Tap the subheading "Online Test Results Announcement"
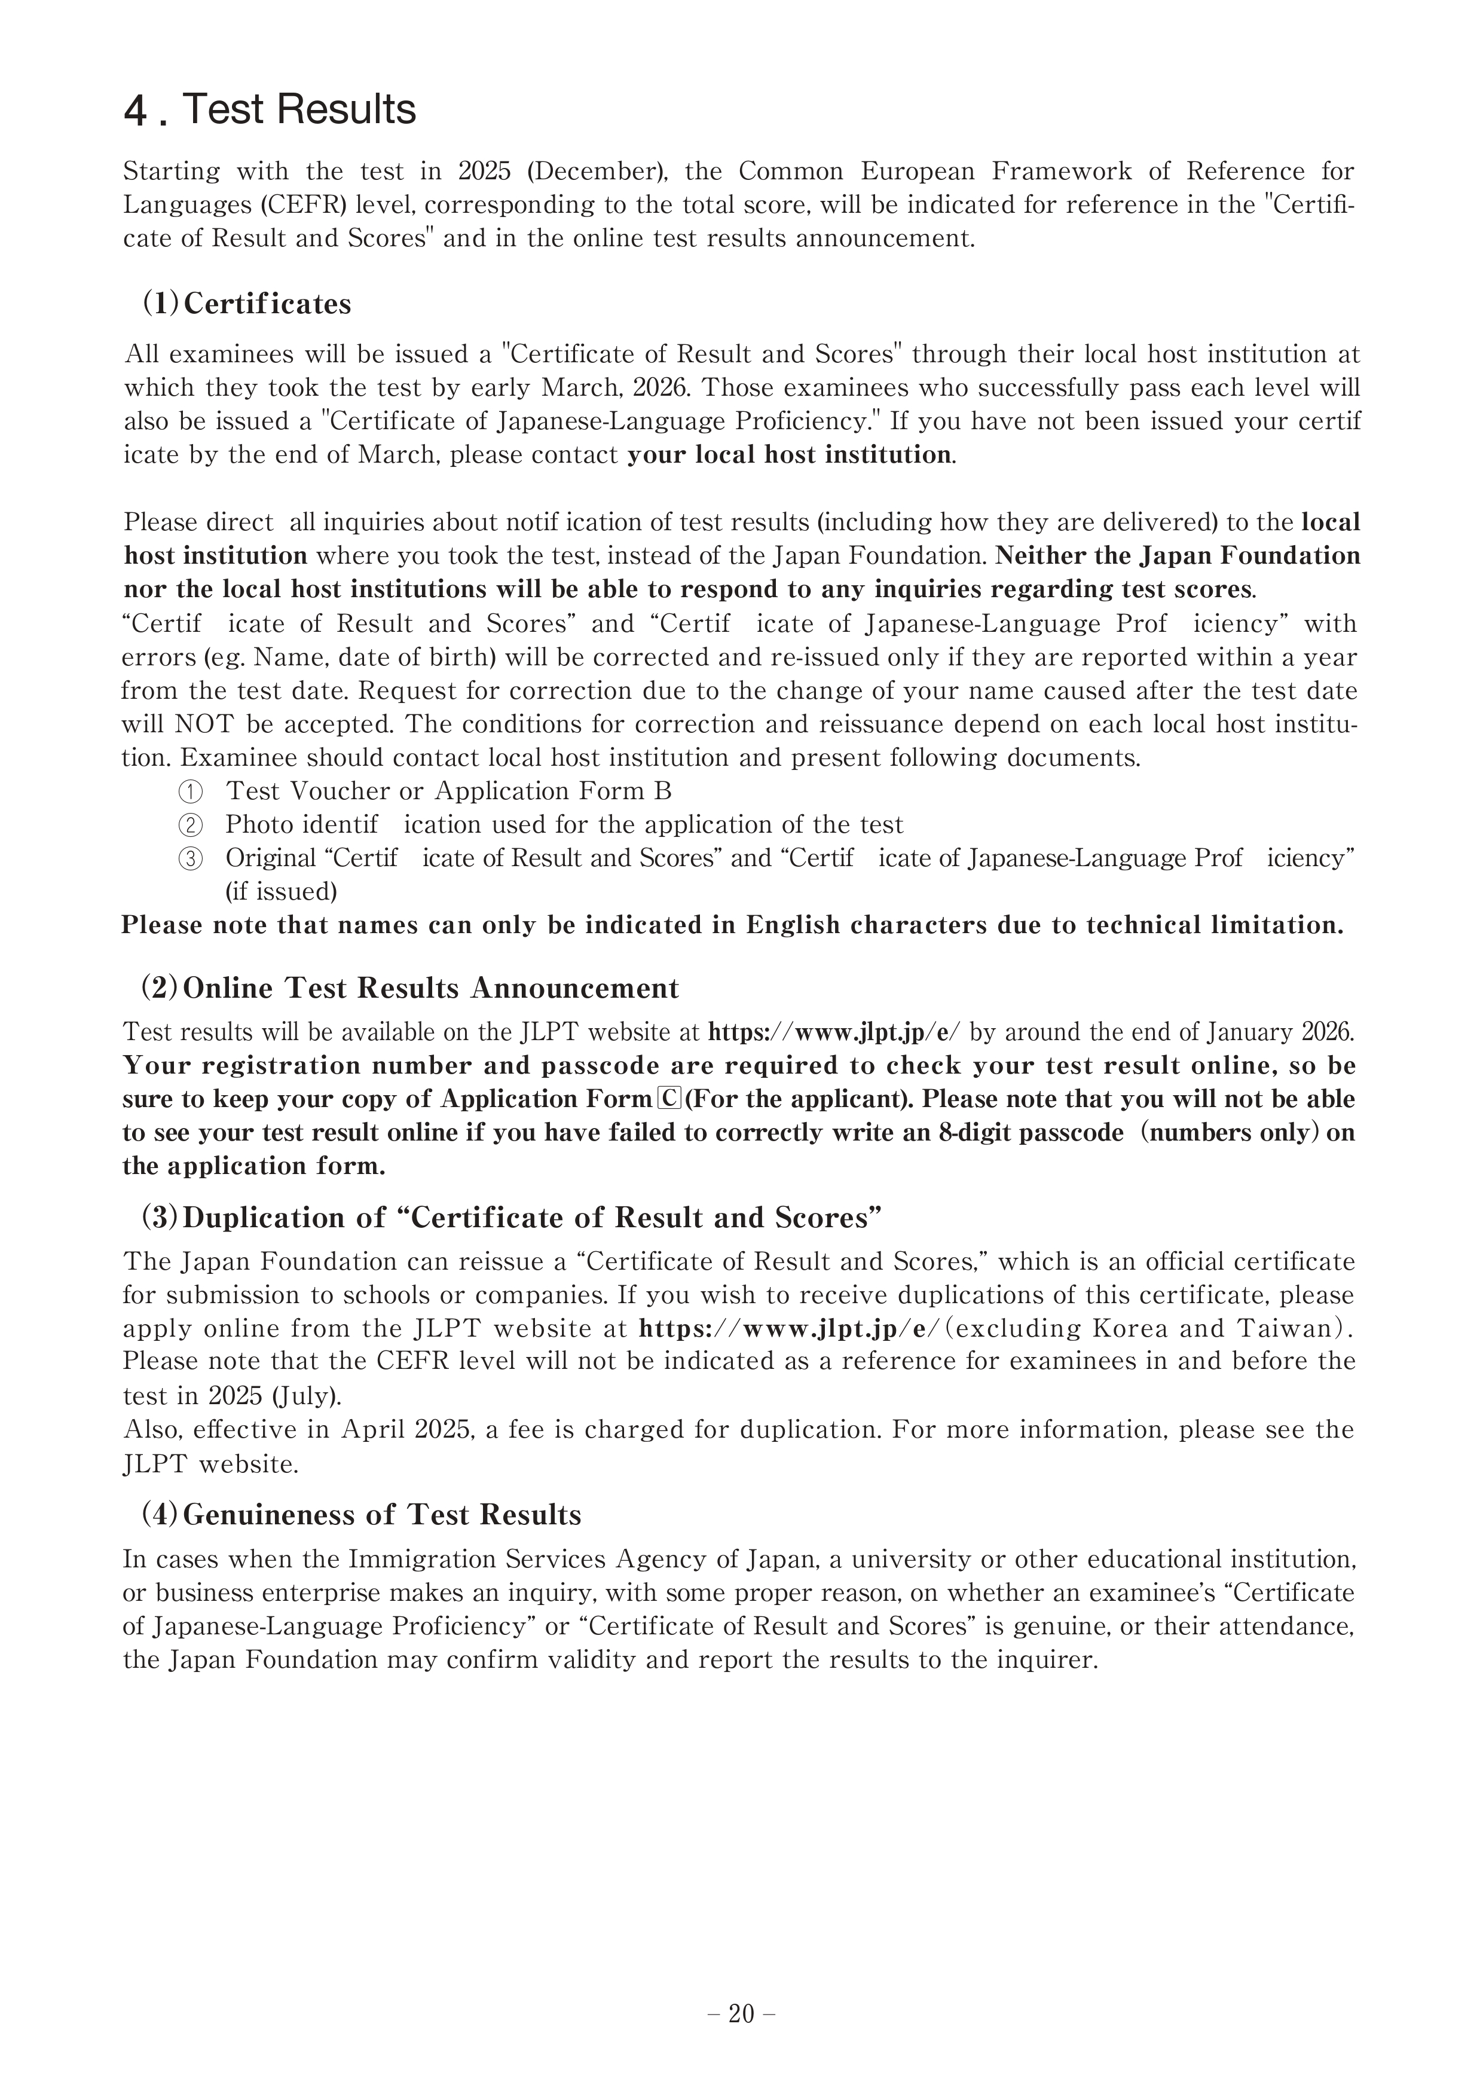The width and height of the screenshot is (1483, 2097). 431,988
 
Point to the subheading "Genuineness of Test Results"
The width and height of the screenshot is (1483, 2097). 382,1514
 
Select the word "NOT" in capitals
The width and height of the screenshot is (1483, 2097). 206,725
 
